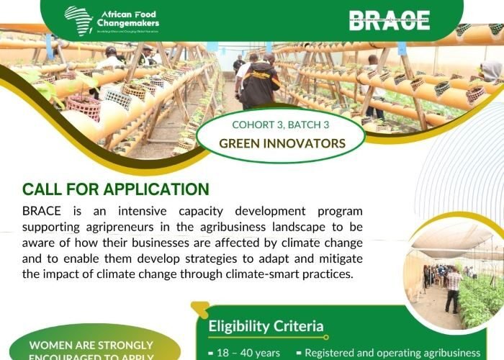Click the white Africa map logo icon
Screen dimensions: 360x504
[78, 17]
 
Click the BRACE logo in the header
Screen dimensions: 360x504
[390, 19]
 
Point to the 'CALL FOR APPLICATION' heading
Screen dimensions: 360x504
[116, 190]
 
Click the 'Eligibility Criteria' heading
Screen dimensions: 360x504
[266, 326]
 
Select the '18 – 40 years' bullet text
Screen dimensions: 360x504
[248, 353]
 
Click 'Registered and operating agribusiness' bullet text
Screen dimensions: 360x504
[392, 353]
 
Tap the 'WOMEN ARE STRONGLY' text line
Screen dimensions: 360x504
[91, 346]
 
